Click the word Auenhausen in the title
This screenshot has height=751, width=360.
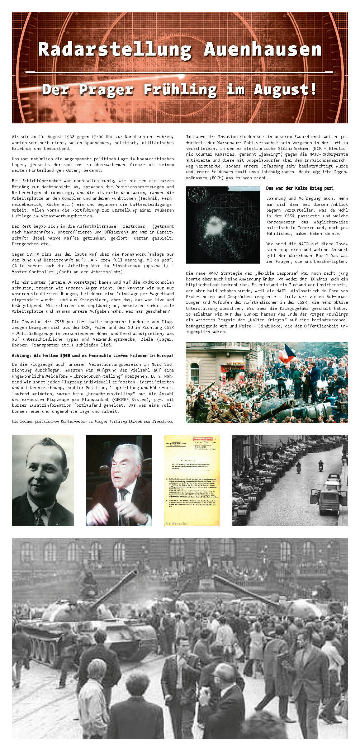point(262,49)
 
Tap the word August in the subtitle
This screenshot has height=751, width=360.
point(285,90)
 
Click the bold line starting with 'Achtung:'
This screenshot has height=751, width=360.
point(93,356)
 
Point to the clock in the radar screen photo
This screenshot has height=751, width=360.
point(198,195)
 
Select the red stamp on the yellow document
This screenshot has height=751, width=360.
point(203,439)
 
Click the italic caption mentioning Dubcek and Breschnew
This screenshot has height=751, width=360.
point(93,421)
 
